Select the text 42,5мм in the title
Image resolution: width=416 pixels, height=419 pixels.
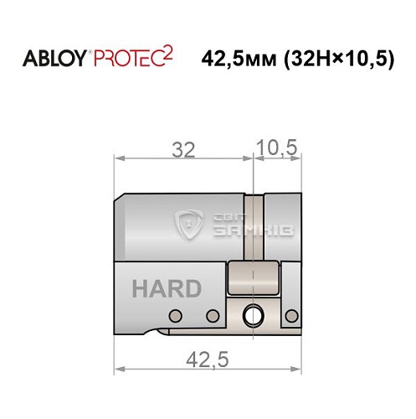(x=237, y=59)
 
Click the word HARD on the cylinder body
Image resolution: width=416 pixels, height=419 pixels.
(x=167, y=289)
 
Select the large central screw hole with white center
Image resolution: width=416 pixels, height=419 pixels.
(x=252, y=316)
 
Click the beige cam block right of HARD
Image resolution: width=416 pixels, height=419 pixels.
(x=254, y=277)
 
